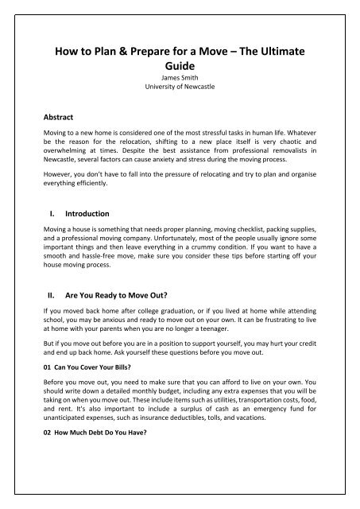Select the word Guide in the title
tap(180, 71)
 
